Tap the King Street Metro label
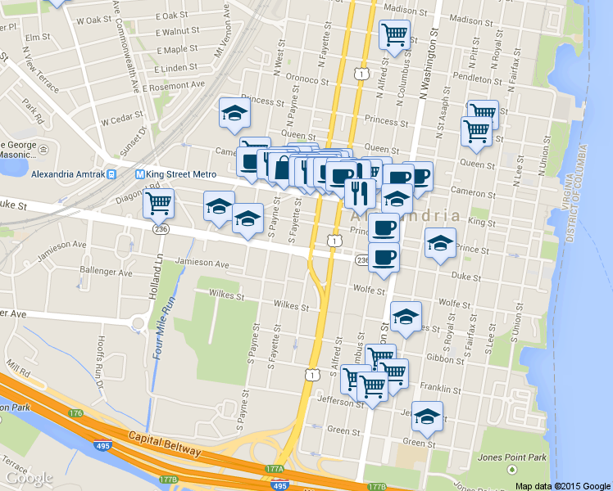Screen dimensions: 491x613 pos(181,174)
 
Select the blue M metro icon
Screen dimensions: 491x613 pos(139,174)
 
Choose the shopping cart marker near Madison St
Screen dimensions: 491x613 pos(395,34)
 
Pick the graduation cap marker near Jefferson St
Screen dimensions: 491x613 pos(427,417)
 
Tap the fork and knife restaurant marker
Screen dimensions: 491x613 pos(359,194)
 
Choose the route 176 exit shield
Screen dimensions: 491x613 pos(76,414)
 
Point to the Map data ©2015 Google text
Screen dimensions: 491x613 pos(563,485)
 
